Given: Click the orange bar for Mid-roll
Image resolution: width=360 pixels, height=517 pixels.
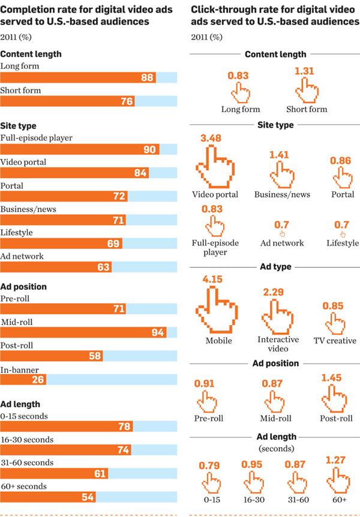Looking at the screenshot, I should tap(84, 332).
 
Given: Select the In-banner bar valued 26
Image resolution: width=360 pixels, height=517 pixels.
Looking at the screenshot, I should tap(24, 379).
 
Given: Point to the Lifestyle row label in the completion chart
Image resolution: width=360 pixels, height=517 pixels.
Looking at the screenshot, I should tap(17, 233).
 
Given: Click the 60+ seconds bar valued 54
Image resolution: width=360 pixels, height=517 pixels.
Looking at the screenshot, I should tap(48, 497).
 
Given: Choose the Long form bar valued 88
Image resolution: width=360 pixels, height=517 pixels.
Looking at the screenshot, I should tap(78, 77).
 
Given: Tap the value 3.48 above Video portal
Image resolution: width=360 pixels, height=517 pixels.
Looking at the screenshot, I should tap(211, 139).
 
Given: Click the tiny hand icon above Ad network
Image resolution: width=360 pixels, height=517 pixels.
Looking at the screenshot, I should tap(282, 233).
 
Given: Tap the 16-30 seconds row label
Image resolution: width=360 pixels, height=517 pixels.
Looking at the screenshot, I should tap(25, 438).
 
